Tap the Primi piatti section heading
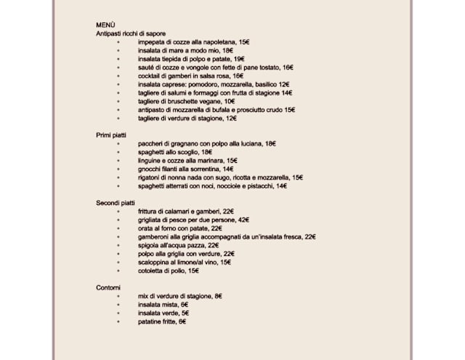coord(112,135)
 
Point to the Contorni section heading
coord(108,288)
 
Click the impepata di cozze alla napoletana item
coord(193,43)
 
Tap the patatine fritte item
coord(162,321)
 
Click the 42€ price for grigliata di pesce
coord(243,220)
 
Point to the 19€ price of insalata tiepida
coord(239,59)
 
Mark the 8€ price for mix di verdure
coord(218,296)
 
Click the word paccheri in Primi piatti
coord(151,144)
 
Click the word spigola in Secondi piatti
coord(149,245)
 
